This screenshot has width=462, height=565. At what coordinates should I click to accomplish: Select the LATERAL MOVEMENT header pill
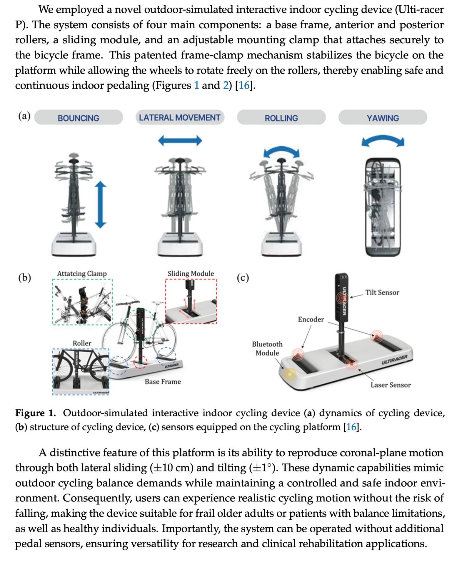pos(179,118)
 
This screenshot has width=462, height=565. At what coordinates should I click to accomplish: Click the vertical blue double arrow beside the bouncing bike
pos(100,205)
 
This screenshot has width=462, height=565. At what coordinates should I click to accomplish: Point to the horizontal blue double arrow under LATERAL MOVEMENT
pos(180,141)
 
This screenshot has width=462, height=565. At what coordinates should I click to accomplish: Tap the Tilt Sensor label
pos(382,292)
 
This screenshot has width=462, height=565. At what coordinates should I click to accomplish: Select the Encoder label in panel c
pos(311,319)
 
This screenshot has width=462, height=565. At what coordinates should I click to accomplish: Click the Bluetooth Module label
pos(267,348)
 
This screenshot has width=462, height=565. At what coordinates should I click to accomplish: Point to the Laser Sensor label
pos(390,385)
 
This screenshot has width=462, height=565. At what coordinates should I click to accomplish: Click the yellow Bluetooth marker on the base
pos(290,374)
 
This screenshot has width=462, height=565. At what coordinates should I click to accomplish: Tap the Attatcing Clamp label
pos(82,273)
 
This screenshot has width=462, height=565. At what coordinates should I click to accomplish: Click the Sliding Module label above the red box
pos(191,273)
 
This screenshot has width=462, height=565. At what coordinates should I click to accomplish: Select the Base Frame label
pos(163,382)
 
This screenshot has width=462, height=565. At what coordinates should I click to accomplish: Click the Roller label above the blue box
pos(82,343)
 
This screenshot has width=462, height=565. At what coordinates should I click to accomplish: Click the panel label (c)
pos(243,277)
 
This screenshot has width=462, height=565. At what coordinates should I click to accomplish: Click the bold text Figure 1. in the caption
pos(35,413)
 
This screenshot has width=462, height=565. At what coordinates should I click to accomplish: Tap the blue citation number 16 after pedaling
pos(244,85)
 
